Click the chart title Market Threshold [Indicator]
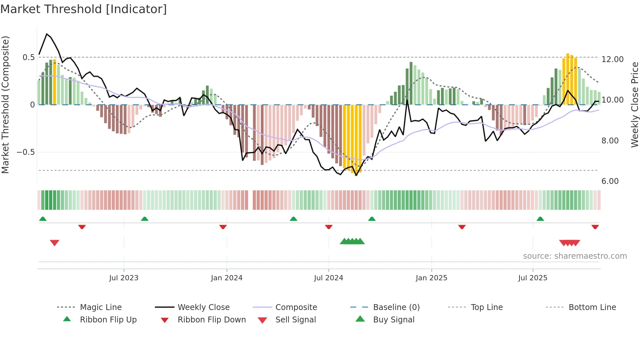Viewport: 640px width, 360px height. pyautogui.click(x=84, y=9)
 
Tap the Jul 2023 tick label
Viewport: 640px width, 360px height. pyautogui.click(x=124, y=278)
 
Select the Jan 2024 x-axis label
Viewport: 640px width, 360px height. pyautogui.click(x=227, y=278)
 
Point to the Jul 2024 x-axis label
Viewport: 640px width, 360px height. pyautogui.click(x=328, y=278)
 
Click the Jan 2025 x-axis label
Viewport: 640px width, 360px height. pyautogui.click(x=431, y=278)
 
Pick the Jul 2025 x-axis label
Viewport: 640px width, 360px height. pyautogui.click(x=533, y=278)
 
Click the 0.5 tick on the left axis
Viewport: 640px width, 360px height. pyautogui.click(x=28, y=57)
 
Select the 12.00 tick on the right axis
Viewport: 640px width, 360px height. pyautogui.click(x=612, y=59)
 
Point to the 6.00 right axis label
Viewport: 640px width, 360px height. pyautogui.click(x=610, y=181)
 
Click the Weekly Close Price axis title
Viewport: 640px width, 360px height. pyautogui.click(x=634, y=105)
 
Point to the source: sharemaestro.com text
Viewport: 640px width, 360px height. pyautogui.click(x=575, y=256)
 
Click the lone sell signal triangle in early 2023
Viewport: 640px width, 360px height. pyautogui.click(x=55, y=243)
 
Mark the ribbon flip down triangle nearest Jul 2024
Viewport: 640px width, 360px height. pyautogui.click(x=329, y=227)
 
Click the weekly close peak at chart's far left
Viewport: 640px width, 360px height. pyautogui.click(x=47, y=34)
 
